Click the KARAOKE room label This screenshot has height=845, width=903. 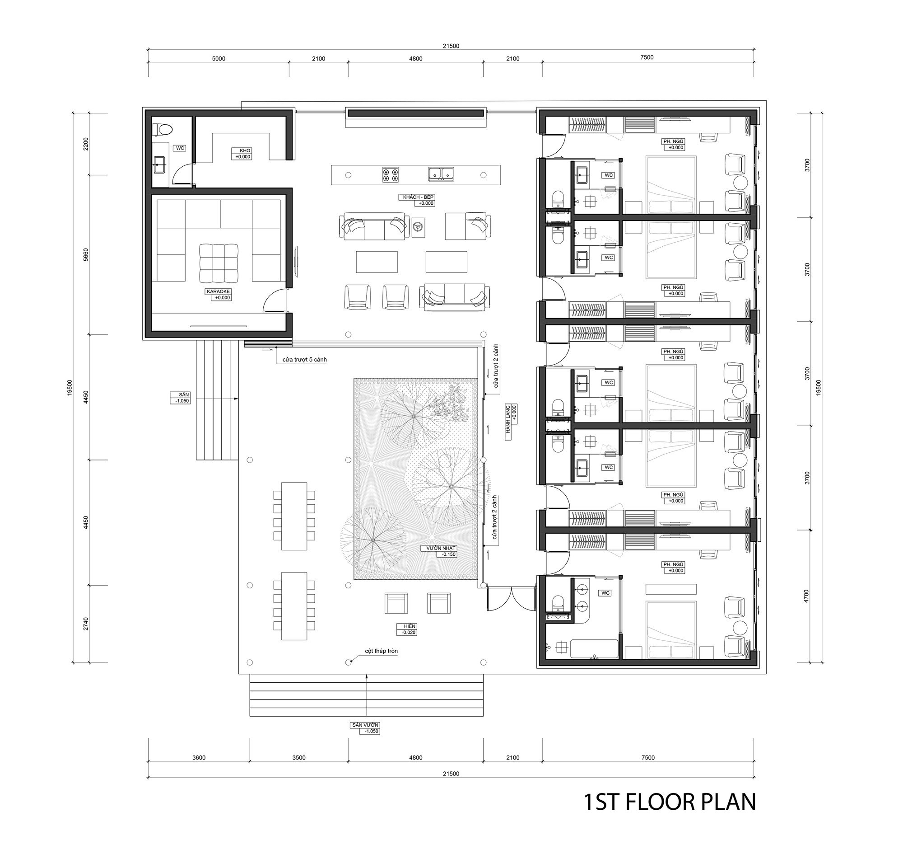click(219, 291)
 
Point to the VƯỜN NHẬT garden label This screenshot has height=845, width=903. click(441, 548)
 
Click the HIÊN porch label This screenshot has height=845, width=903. click(409, 626)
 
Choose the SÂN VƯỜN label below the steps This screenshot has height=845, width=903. click(365, 725)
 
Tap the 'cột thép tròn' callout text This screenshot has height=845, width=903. click(382, 651)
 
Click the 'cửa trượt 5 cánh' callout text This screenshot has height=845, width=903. click(304, 360)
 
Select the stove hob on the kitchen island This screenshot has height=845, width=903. click(391, 174)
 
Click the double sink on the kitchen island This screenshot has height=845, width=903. click(441, 174)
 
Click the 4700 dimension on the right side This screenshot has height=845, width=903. click(806, 596)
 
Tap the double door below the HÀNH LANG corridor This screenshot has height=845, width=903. click(512, 600)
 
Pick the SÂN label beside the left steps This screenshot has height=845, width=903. click(183, 394)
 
